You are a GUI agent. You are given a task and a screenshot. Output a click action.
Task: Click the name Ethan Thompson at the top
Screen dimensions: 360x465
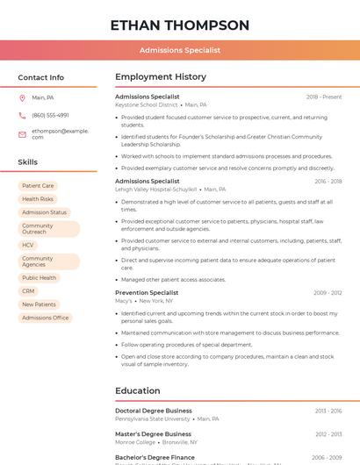[179, 25]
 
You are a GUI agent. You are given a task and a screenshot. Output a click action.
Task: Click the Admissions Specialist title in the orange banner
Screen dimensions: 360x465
[180, 50]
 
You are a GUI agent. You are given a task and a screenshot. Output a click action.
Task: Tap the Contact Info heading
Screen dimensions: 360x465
[41, 77]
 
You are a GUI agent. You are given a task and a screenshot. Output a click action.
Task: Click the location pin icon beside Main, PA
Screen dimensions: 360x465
[22, 97]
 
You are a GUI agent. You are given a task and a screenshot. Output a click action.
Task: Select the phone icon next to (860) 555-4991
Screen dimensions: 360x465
[22, 115]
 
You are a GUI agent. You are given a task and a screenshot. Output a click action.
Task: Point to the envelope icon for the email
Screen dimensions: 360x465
[22, 133]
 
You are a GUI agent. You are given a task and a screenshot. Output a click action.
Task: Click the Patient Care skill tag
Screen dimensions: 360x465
[38, 186]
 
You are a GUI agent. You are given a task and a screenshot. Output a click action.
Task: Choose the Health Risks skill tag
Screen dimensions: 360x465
[38, 199]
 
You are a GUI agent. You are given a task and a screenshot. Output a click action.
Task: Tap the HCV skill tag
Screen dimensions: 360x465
[28, 245]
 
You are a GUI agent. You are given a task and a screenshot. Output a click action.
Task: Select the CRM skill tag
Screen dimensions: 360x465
[28, 291]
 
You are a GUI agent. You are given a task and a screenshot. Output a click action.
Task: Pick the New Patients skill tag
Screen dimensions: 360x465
[39, 304]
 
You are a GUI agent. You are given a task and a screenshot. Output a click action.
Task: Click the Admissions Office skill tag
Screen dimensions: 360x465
[45, 318]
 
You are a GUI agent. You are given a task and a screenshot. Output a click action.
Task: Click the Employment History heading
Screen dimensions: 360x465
[161, 77]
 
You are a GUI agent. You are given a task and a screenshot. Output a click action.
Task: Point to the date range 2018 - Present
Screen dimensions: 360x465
[324, 97]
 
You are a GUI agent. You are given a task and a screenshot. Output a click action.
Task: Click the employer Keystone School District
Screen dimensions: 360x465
[146, 104]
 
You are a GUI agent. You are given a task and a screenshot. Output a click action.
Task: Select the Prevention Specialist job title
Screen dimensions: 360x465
[147, 293]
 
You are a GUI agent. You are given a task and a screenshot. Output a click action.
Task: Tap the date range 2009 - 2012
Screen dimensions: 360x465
[328, 293]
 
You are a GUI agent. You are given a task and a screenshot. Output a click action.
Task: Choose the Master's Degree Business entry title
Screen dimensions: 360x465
[153, 434]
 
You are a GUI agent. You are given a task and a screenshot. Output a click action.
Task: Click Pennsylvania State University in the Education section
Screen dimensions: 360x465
[152, 418]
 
